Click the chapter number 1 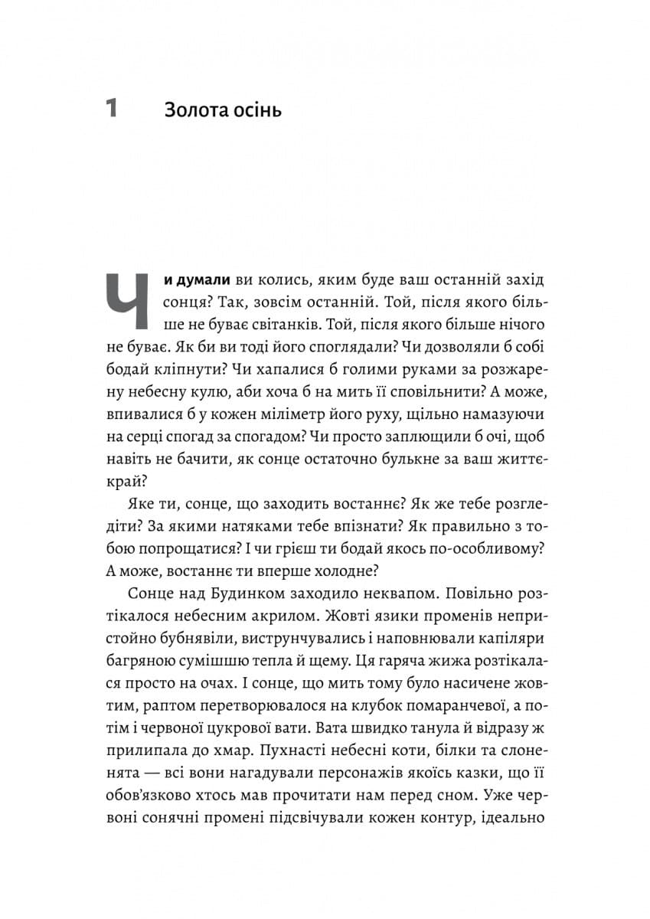[x=111, y=110]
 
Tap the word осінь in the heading [x=257, y=110]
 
